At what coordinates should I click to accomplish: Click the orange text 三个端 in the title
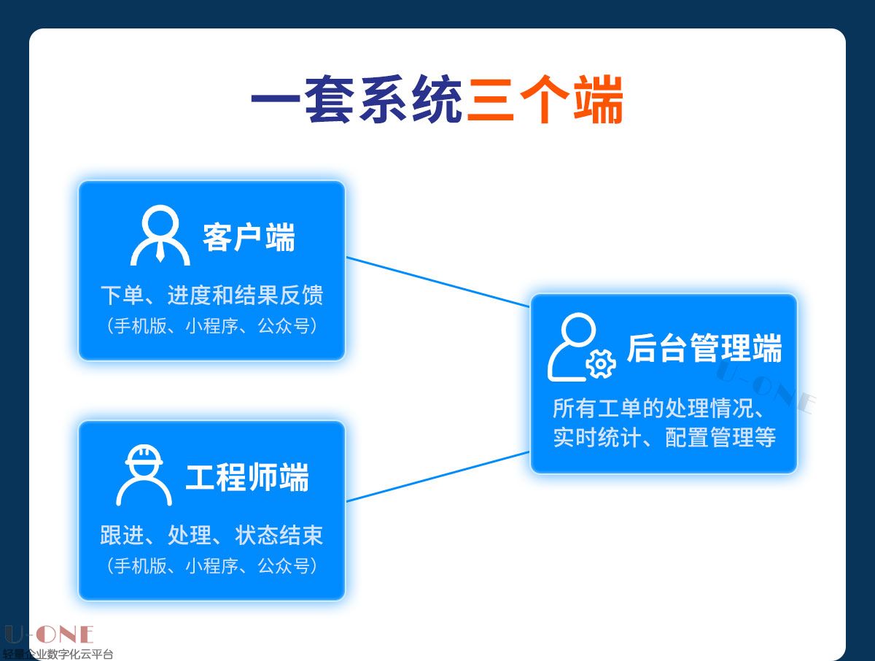coord(545,101)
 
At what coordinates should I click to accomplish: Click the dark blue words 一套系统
coord(357,101)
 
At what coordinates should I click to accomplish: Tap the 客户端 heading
coord(249,239)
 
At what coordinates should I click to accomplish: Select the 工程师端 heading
coord(247,478)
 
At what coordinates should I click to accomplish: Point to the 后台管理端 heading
coord(704,348)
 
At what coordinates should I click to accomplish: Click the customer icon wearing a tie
coord(160,236)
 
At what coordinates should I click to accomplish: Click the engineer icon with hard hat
coord(144,476)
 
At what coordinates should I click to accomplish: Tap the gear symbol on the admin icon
coord(601,363)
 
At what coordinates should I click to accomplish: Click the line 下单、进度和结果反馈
coord(211,295)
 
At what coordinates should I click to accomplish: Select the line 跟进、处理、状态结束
coord(211,536)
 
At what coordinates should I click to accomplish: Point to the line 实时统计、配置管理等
coord(664,438)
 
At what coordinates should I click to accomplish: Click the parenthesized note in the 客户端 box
coord(211,326)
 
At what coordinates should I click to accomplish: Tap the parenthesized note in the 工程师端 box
coord(211,565)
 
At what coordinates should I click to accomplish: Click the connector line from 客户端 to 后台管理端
coord(437,282)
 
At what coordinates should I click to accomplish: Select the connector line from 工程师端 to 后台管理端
coord(437,476)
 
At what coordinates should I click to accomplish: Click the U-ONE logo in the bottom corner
coord(48,634)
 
